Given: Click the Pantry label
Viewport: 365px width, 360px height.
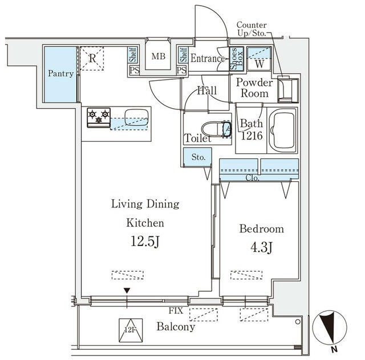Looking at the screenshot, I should pyautogui.click(x=60, y=74).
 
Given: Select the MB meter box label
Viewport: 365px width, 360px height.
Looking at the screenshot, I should pyautogui.click(x=158, y=57).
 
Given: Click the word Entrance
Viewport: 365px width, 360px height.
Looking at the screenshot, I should pyautogui.click(x=208, y=58).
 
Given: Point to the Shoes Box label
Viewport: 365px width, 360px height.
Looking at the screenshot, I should pyautogui.click(x=235, y=59).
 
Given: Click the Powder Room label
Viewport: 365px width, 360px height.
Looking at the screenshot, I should pyautogui.click(x=255, y=88).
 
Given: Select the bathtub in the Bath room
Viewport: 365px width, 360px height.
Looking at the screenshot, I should pyautogui.click(x=283, y=130).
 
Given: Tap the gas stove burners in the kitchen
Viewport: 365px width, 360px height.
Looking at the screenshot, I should pyautogui.click(x=98, y=118).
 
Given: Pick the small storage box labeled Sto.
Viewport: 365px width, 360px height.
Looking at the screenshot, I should pyautogui.click(x=197, y=157).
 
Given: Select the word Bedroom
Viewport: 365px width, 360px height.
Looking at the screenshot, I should pyautogui.click(x=261, y=229).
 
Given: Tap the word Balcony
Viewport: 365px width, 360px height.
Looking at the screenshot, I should pyautogui.click(x=176, y=327).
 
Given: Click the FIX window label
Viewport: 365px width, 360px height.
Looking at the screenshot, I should pyautogui.click(x=176, y=312).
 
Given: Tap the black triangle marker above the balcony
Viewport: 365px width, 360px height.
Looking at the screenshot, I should pyautogui.click(x=127, y=291).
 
